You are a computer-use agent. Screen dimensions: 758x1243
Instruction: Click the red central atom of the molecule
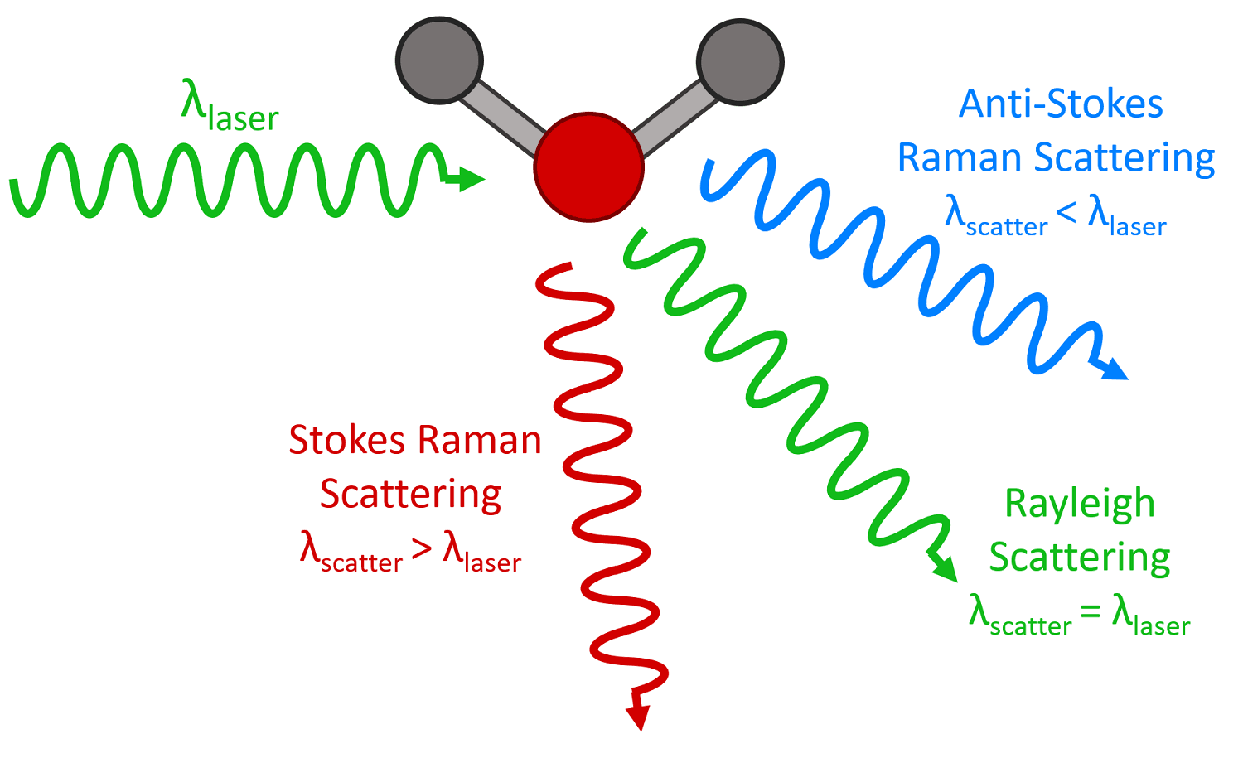coord(588,167)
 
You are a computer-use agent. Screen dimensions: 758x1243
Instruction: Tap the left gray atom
coord(438,61)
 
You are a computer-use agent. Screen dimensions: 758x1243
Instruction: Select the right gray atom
coord(740,61)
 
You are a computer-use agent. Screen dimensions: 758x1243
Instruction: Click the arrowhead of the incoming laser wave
coord(471,178)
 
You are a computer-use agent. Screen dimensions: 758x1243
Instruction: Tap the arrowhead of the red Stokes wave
coord(638,716)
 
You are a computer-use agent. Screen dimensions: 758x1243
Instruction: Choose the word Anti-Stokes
coord(1061,104)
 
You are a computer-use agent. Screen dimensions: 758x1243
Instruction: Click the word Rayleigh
coord(1079,504)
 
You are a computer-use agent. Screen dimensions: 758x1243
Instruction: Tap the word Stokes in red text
coord(347,440)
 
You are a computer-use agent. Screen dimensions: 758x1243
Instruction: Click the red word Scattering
coord(410,495)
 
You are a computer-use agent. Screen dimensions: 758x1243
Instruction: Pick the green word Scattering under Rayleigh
coord(1079,557)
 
